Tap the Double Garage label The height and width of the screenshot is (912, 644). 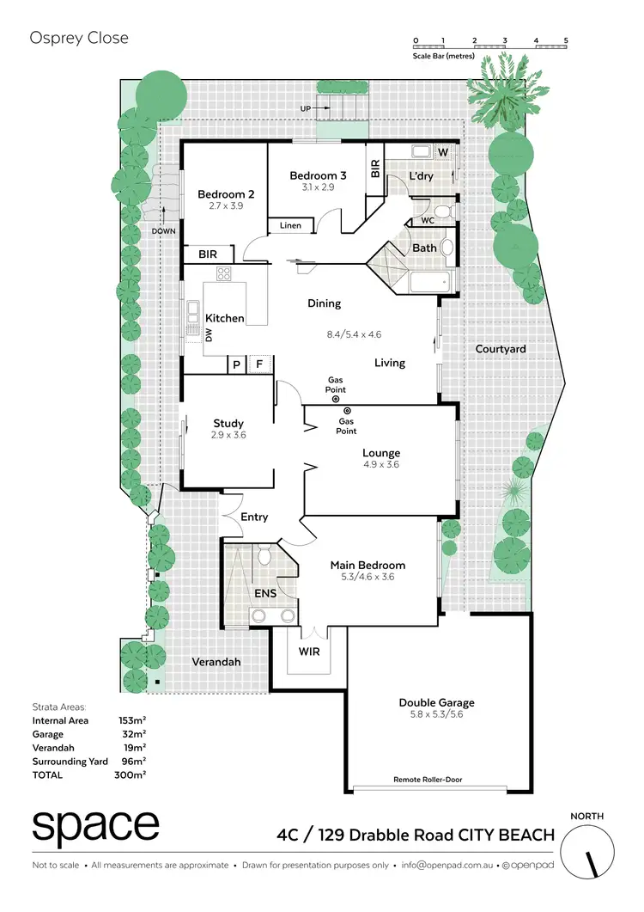point(441,702)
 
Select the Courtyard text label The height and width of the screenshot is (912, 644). point(501,349)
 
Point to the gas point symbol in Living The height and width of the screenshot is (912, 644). point(335,399)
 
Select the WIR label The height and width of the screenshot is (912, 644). point(308,652)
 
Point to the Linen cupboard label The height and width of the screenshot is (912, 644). point(290,226)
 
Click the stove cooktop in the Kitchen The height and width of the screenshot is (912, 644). point(224,275)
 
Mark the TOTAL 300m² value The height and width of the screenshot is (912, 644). point(132,774)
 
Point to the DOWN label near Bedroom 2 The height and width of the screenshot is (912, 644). point(163,231)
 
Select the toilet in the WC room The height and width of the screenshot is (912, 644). point(442,211)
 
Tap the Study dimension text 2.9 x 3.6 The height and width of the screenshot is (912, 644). point(228,435)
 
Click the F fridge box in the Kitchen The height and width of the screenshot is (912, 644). point(258,364)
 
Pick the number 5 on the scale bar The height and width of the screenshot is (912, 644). point(566,40)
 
